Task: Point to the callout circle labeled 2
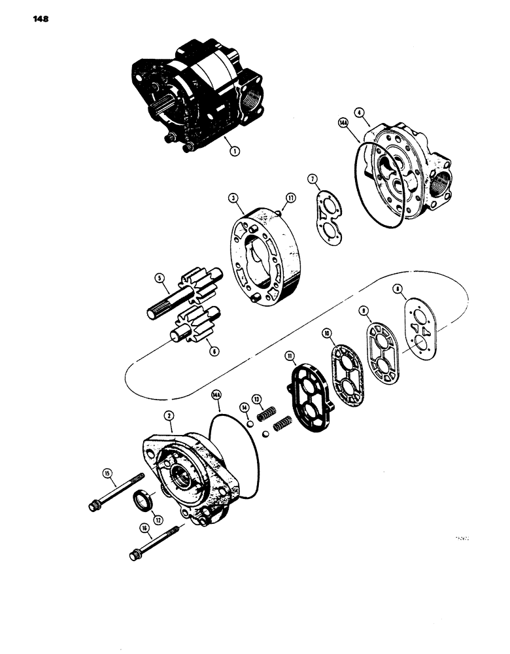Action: coord(168,415)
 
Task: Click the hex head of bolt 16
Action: coord(131,557)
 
